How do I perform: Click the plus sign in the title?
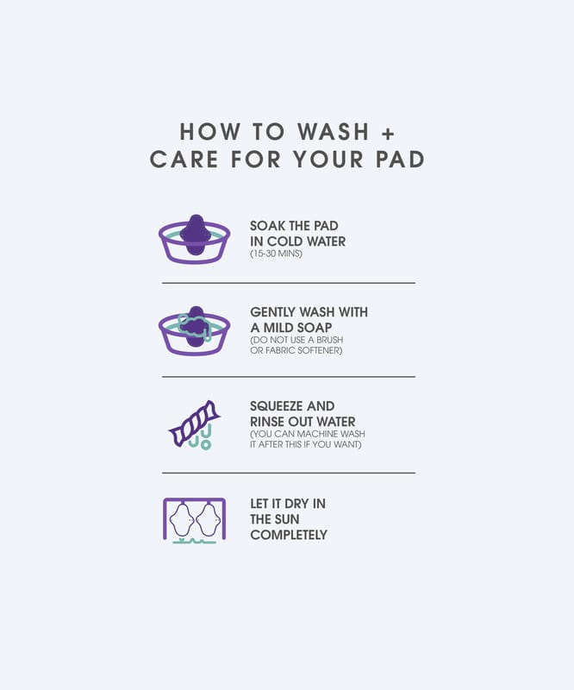coord(388,134)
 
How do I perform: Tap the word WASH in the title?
coord(333,132)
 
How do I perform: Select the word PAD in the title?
coord(400,159)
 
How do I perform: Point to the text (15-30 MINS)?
coord(276,254)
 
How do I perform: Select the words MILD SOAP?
coord(297,328)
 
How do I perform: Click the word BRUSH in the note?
coord(329,340)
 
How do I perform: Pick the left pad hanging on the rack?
coord(182,520)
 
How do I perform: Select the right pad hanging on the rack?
coord(208,520)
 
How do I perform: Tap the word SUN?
coord(287,519)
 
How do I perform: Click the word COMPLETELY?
coord(289,535)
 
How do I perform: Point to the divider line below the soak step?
coord(289,283)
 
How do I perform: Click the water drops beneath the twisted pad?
coord(201,437)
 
